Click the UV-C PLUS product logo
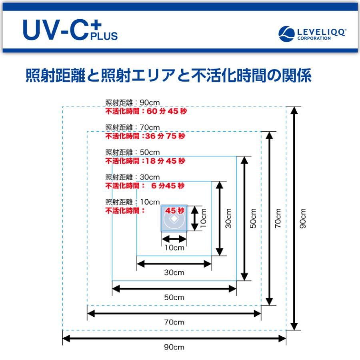(x=70, y=30)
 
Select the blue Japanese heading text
(x=168, y=76)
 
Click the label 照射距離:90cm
(x=132, y=102)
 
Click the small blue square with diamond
(x=174, y=219)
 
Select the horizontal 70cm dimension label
(x=174, y=322)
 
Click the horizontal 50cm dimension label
(x=174, y=297)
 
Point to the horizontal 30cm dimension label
(x=174, y=272)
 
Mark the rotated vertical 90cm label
(x=303, y=218)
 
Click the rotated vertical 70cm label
(x=278, y=218)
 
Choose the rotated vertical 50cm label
(x=253, y=218)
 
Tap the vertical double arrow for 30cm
(x=219, y=218)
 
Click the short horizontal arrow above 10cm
(x=174, y=239)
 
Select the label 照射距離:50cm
(x=132, y=152)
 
